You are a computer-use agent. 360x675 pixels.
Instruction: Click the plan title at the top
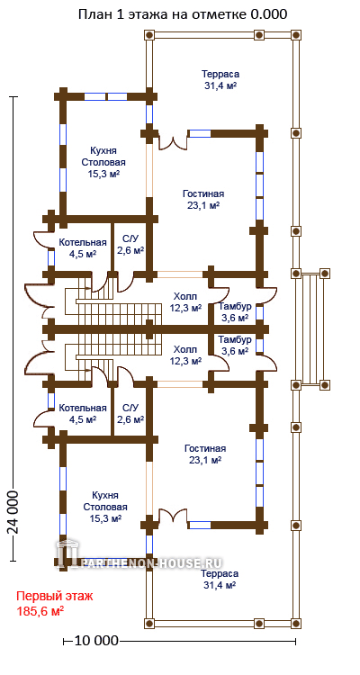(x=183, y=14)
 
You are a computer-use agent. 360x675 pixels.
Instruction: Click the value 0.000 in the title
(x=268, y=14)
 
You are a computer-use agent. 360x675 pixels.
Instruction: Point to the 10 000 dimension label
(x=96, y=641)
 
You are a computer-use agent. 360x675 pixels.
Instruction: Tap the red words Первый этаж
(x=54, y=597)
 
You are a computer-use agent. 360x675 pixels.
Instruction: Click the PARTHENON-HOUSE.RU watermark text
(x=152, y=562)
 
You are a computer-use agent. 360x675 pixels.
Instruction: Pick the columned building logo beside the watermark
(x=67, y=553)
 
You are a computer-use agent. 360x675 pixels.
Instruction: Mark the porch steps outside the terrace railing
(x=311, y=328)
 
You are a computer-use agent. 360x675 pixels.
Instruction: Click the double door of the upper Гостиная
(x=174, y=141)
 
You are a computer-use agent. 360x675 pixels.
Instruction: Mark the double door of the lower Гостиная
(x=174, y=516)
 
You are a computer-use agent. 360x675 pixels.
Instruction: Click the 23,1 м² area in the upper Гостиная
(x=203, y=205)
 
